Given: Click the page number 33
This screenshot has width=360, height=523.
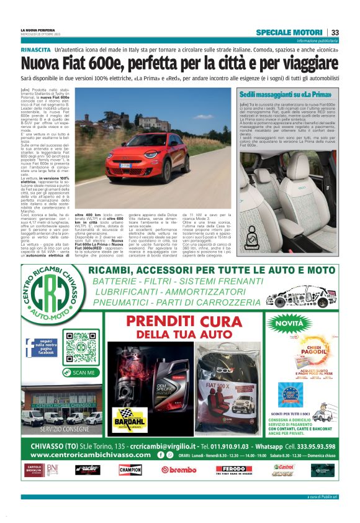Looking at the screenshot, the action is tap(335, 32).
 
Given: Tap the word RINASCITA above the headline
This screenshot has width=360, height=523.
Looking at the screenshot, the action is tap(35, 48).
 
